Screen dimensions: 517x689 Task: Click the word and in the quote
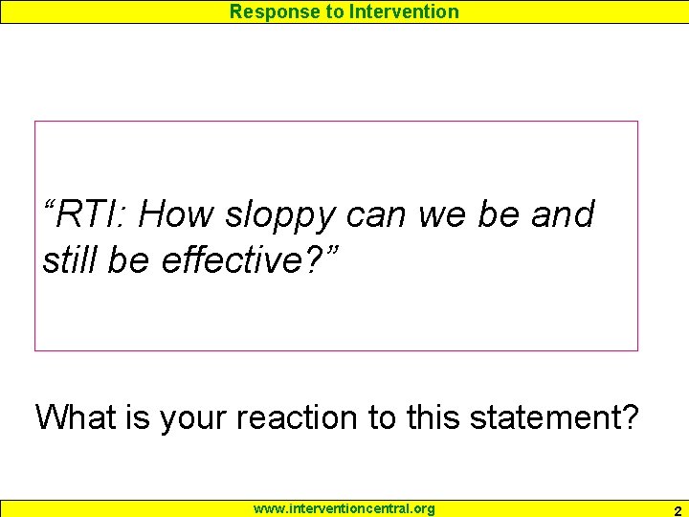(563, 214)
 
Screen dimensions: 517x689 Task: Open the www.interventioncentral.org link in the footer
(344, 508)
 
